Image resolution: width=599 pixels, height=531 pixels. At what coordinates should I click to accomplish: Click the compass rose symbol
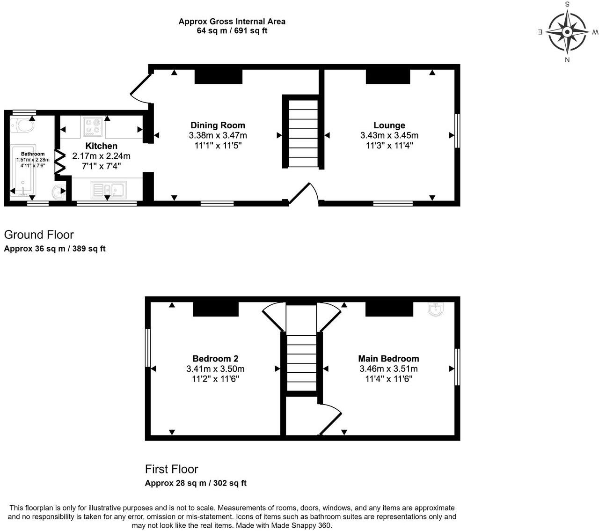click(x=567, y=32)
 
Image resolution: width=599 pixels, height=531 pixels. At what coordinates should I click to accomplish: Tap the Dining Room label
click(x=218, y=125)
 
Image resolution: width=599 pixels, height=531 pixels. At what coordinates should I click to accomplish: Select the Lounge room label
click(x=389, y=125)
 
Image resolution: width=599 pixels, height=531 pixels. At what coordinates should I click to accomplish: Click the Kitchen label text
click(x=101, y=146)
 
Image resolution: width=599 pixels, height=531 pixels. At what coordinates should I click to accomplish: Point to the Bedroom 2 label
click(x=215, y=358)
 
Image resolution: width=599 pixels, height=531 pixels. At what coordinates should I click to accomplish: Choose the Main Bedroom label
click(x=388, y=358)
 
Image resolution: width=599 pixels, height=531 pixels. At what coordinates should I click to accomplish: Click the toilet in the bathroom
click(x=23, y=125)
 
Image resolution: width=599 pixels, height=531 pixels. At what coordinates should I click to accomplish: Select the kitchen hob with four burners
click(x=93, y=126)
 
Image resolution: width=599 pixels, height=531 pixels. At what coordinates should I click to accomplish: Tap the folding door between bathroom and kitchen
click(x=59, y=162)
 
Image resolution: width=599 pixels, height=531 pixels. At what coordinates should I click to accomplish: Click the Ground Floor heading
click(x=39, y=235)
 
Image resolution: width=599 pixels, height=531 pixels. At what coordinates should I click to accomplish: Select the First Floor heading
click(x=171, y=469)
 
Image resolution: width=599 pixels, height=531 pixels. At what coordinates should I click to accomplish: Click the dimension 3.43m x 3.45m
click(x=389, y=135)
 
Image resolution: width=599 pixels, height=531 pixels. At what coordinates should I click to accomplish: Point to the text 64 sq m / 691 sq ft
click(x=232, y=31)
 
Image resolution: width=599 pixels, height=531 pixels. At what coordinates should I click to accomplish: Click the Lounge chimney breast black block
click(x=387, y=77)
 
